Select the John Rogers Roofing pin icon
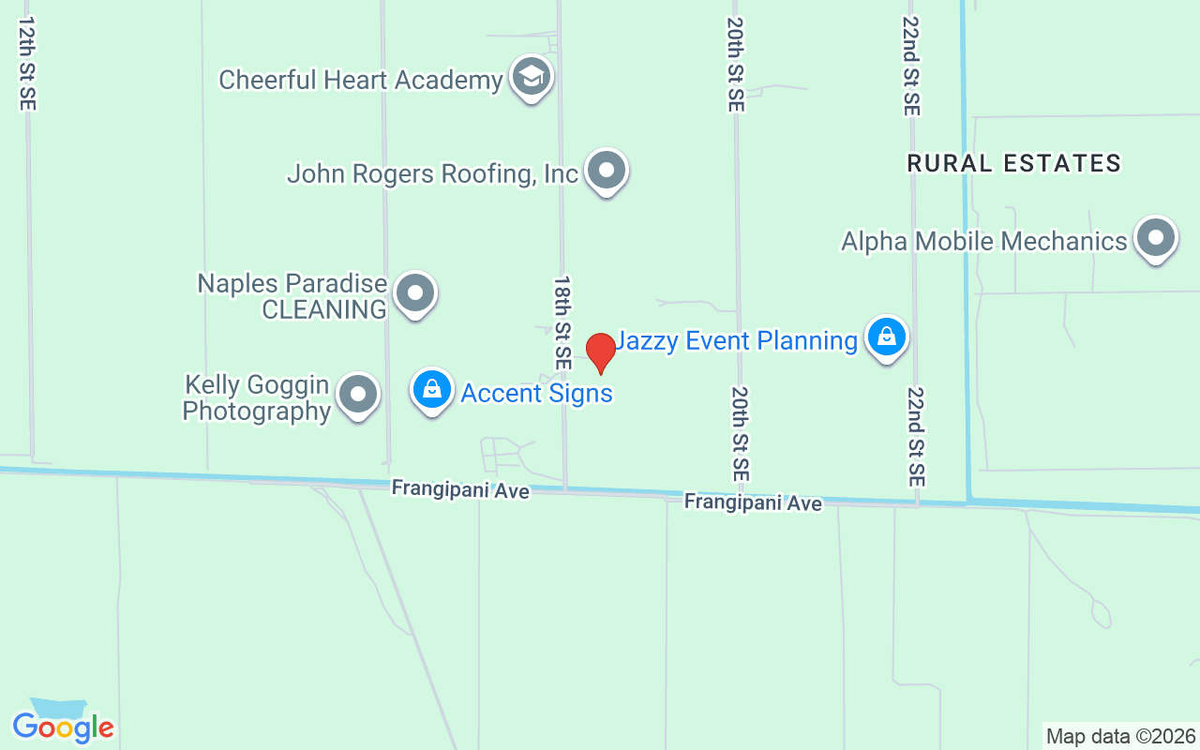point(607,171)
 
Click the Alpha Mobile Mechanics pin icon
point(1155,239)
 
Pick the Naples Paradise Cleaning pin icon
point(414,293)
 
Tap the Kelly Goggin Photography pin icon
point(357,395)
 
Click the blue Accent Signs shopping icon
point(432,389)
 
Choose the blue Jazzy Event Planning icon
point(886,337)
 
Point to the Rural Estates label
point(1014,163)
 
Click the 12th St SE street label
point(26,63)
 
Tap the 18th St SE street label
point(562,322)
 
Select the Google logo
point(63,726)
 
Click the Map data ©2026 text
point(1120,736)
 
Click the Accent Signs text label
point(536,393)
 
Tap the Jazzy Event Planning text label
point(736,340)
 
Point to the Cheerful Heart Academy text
point(361,80)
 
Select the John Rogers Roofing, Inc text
point(432,173)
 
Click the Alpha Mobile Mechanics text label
point(983,241)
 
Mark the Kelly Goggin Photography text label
point(256,398)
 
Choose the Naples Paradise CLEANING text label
point(292,296)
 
